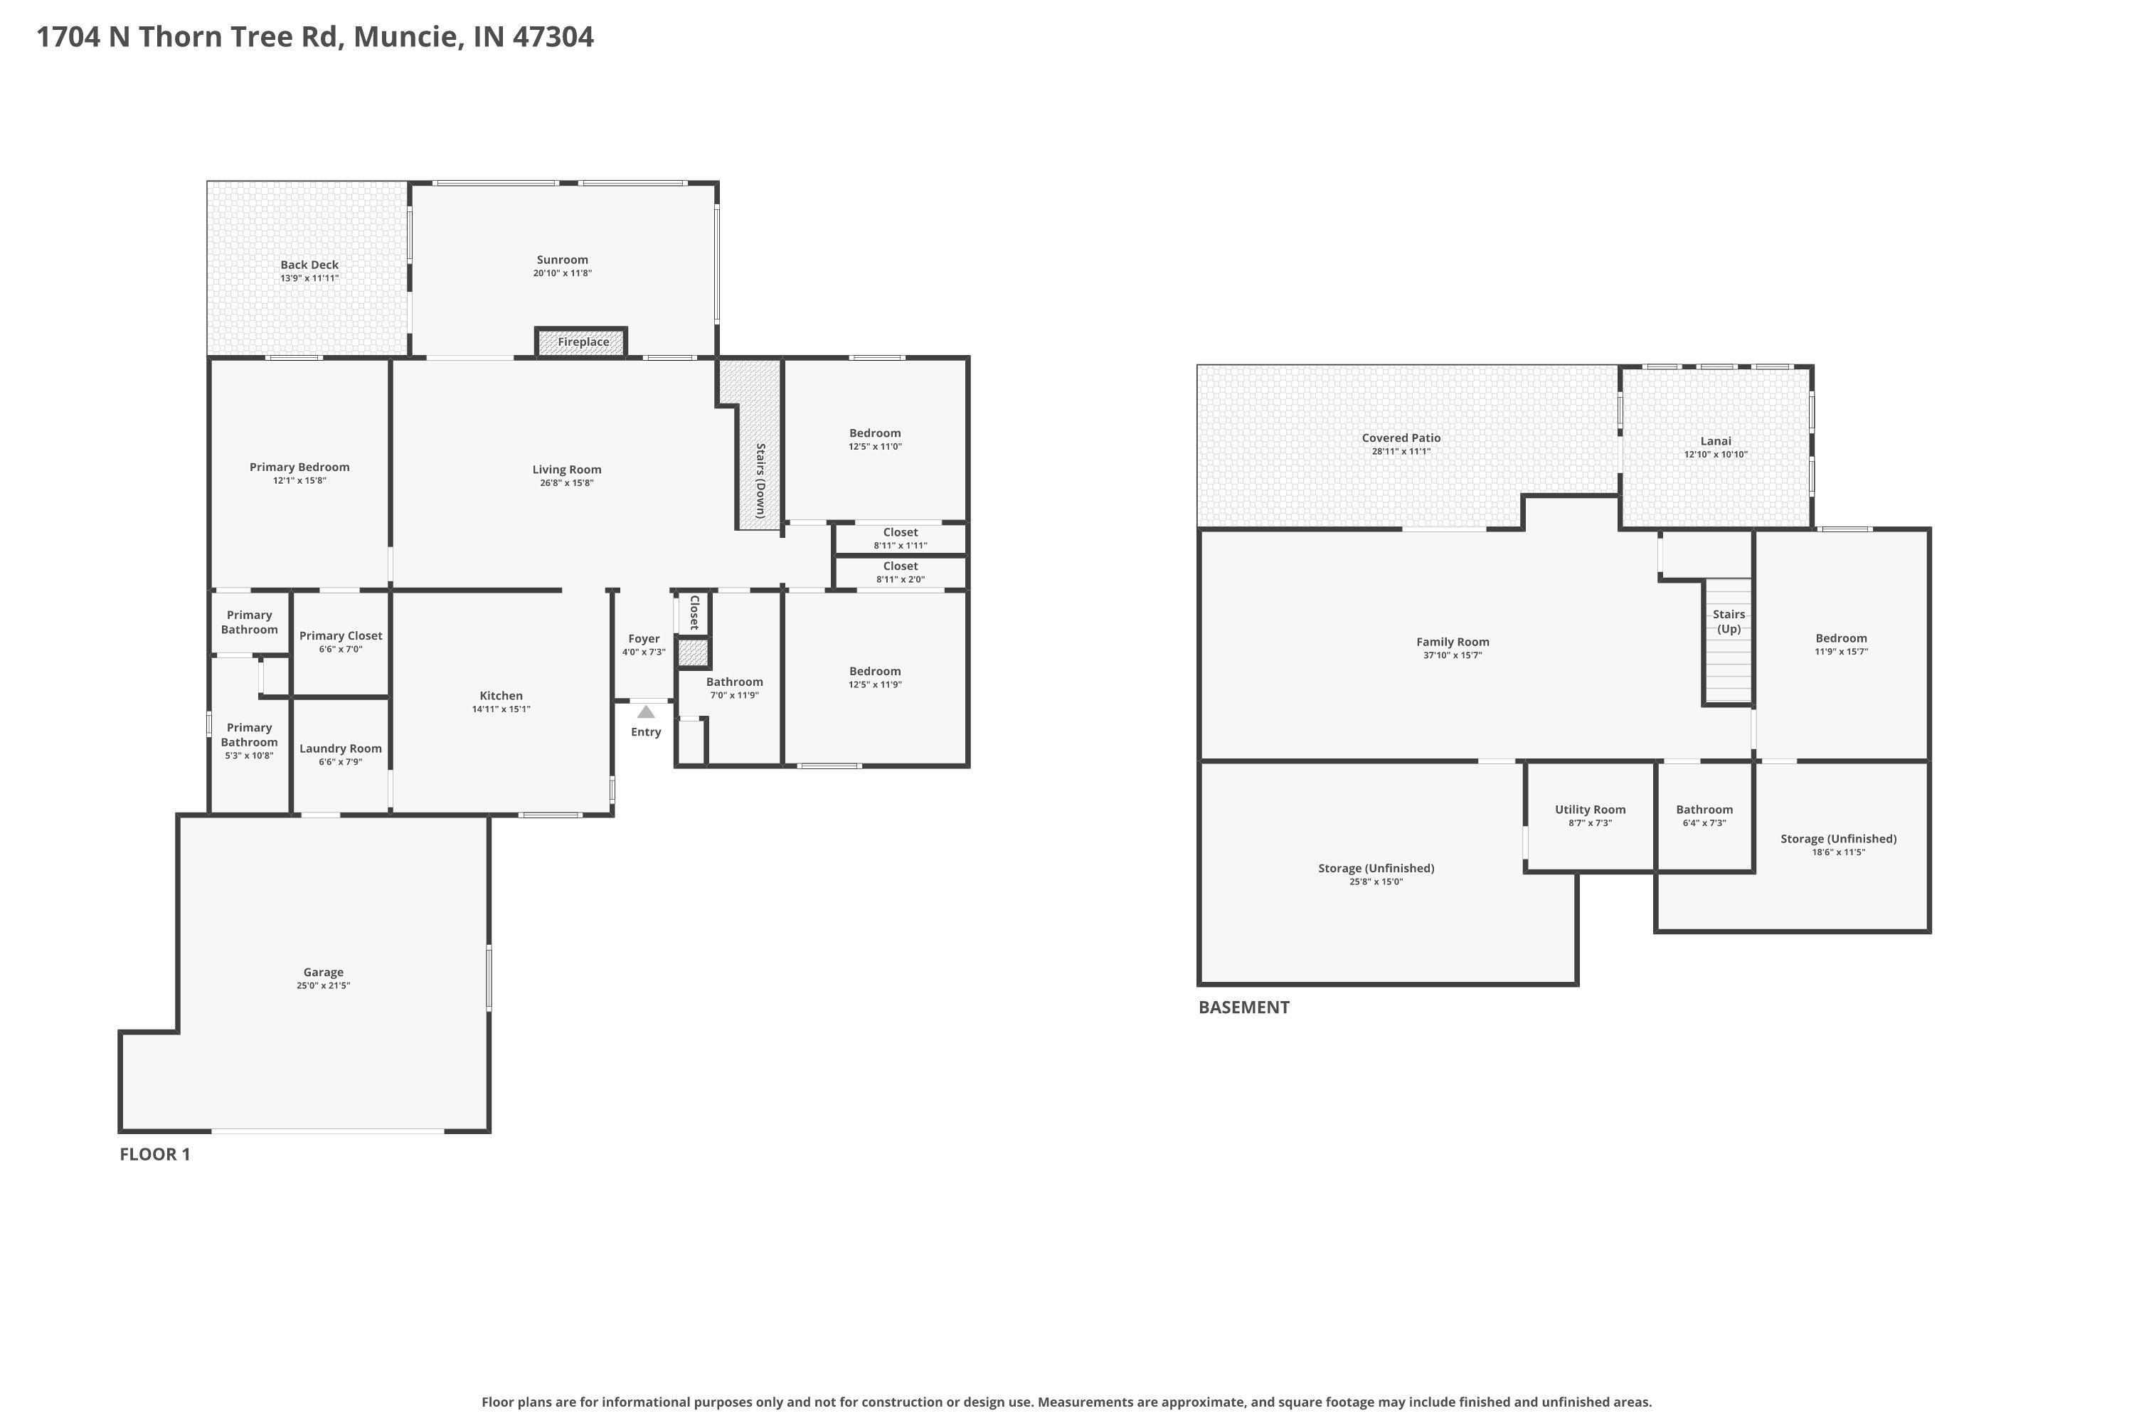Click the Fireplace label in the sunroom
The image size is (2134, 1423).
click(x=583, y=342)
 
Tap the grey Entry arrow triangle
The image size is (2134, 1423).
click(x=646, y=712)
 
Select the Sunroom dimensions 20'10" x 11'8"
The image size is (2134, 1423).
click(x=563, y=273)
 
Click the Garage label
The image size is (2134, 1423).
click(x=323, y=972)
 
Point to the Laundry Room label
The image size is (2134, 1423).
click(x=340, y=748)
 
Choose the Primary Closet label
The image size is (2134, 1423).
click(x=340, y=636)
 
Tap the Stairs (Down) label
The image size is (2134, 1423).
click(x=760, y=480)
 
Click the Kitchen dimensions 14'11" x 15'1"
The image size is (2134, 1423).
click(x=501, y=709)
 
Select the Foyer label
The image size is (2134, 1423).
click(x=644, y=639)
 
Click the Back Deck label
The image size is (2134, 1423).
click(x=309, y=265)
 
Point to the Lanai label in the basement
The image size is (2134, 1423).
click(x=1716, y=441)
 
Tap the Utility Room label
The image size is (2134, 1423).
click(x=1591, y=810)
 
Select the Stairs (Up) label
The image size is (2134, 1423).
click(x=1729, y=622)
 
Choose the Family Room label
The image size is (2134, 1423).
click(x=1453, y=642)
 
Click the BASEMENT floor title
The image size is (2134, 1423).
click(x=1244, y=1007)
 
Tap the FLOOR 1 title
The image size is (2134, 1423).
click(x=155, y=1154)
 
